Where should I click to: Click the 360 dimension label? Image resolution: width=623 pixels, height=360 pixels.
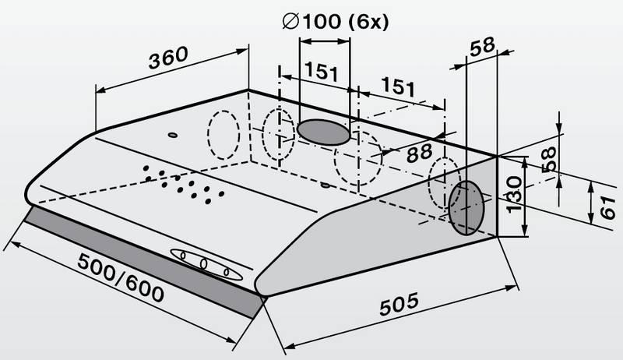(x=168, y=58)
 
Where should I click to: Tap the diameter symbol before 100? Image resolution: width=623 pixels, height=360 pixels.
(x=290, y=21)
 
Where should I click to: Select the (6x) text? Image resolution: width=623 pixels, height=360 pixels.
(x=368, y=22)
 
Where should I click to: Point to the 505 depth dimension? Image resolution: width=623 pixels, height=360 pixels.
(x=399, y=304)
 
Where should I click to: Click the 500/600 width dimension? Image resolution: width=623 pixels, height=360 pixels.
(x=121, y=277)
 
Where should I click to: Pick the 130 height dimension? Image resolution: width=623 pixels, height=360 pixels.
(x=515, y=194)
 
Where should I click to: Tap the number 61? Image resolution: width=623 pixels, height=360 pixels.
(x=607, y=207)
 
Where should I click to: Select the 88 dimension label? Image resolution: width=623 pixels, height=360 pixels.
(x=419, y=153)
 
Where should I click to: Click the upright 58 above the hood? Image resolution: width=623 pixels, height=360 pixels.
(x=482, y=47)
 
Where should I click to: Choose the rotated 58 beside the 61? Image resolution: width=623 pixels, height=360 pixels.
(x=549, y=159)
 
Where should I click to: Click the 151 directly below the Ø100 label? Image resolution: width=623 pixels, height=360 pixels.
(x=322, y=72)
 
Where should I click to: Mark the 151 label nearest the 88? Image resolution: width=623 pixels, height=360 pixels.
(x=398, y=86)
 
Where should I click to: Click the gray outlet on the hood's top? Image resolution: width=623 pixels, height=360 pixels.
(x=323, y=132)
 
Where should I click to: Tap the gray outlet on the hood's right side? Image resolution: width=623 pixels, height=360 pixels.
(x=466, y=208)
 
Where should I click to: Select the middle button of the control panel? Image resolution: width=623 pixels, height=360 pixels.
(x=204, y=263)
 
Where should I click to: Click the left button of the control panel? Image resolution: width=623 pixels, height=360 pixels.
(x=183, y=255)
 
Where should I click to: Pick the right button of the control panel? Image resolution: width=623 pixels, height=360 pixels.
(x=227, y=272)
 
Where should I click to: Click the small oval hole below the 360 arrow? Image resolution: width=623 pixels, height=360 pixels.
(x=172, y=135)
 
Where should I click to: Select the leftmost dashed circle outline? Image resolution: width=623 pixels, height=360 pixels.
(x=224, y=135)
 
